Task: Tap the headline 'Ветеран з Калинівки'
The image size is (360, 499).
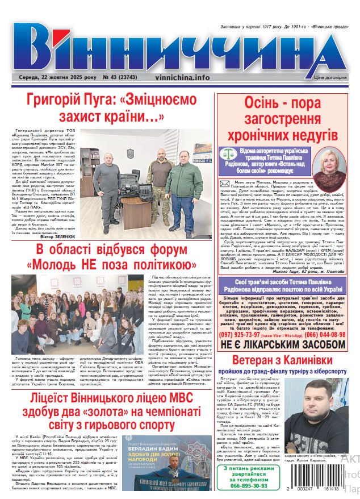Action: [282, 344]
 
